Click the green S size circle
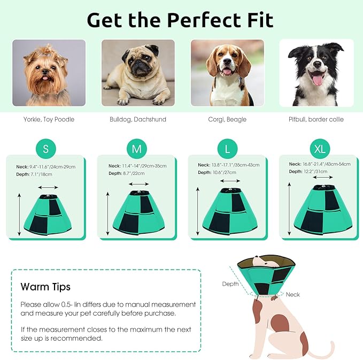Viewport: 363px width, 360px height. coord(45,149)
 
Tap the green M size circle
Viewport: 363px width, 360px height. coord(136,149)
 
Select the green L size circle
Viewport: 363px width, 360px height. coord(227,148)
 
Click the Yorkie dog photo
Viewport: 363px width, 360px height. coord(49,73)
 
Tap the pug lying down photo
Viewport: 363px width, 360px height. coord(138,73)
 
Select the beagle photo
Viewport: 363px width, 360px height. coord(227,73)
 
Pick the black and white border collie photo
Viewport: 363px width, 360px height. coord(316,73)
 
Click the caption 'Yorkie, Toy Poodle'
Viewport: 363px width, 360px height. coord(49,119)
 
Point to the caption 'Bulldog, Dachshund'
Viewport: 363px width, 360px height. coord(138,119)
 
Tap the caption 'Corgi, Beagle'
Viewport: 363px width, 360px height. coord(227,119)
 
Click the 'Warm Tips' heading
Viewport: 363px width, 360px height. coord(45,287)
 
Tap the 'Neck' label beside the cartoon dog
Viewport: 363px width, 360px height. coord(293,294)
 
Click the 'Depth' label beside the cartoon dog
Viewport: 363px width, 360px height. coord(230,284)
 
